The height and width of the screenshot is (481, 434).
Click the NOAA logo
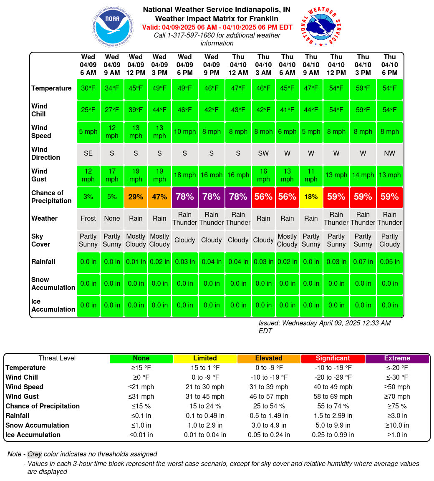113,27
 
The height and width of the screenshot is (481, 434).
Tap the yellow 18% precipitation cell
311,197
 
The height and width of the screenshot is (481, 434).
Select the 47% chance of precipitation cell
159,197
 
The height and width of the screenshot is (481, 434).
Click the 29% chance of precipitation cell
136,197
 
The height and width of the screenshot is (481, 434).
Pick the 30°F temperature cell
88,88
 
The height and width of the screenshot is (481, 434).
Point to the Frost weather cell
88,219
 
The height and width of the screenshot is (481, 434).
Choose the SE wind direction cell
88,154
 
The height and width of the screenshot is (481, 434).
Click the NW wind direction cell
390,154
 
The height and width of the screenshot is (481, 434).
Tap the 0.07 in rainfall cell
363,262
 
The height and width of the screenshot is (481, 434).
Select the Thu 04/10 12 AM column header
238,65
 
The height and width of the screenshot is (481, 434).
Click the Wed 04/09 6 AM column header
88,65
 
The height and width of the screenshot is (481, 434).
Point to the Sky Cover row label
40,240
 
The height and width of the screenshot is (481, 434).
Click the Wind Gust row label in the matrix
39,175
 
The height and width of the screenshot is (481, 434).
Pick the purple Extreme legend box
397,358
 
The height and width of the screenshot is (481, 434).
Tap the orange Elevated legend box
269,358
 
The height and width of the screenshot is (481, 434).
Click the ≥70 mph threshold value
397,397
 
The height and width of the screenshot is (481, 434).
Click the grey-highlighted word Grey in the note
35,454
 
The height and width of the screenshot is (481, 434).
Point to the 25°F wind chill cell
88,110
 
